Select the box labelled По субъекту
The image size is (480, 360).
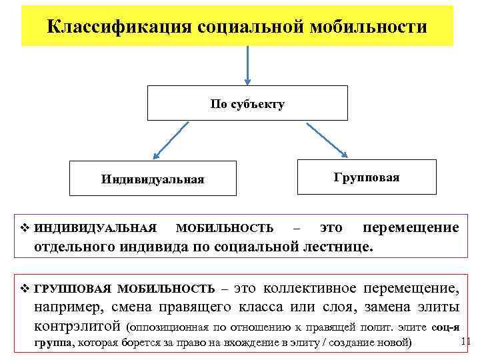247,103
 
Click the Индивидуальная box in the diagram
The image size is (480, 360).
153,179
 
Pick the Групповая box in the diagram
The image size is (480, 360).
367,177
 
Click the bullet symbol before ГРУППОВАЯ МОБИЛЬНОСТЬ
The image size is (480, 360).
25,289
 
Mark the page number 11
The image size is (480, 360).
466,342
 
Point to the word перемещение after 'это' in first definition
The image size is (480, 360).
411,228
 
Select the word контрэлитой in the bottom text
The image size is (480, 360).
77,327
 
